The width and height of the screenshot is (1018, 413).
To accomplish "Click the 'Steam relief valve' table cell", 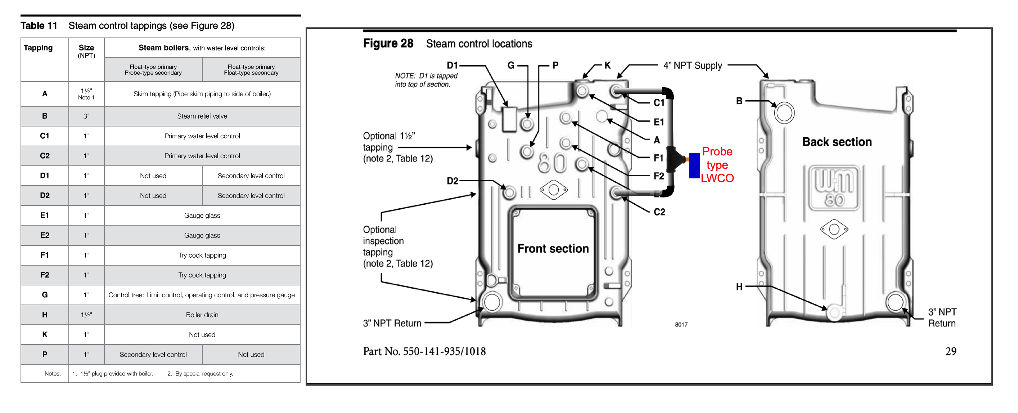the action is [x=202, y=116].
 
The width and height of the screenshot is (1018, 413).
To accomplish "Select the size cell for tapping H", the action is [x=86, y=315].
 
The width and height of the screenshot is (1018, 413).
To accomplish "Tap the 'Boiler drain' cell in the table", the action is [x=202, y=315].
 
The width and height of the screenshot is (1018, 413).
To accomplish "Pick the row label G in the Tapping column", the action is [x=45, y=295].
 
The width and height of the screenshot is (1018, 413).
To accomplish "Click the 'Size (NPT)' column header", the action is [x=86, y=52].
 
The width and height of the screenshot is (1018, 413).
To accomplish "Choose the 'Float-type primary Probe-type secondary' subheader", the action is [x=153, y=70].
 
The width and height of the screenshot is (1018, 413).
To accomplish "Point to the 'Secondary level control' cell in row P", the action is [x=153, y=355].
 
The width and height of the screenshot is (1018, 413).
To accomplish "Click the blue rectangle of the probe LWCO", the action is [x=694, y=166].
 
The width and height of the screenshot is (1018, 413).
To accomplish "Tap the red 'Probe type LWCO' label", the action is [x=717, y=165].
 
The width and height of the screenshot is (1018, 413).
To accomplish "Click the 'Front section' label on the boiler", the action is [x=553, y=248].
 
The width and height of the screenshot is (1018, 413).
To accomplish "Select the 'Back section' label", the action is [x=837, y=142].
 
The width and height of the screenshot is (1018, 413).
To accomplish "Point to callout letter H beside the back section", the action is [x=739, y=287].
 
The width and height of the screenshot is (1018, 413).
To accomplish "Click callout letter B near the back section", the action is [x=739, y=101].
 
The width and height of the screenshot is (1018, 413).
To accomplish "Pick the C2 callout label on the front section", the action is [x=659, y=212].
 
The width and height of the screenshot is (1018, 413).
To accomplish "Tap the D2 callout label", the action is [x=452, y=181].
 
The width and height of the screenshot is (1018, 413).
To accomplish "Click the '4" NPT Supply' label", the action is [x=692, y=65].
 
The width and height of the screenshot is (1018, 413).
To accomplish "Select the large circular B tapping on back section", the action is [x=784, y=113].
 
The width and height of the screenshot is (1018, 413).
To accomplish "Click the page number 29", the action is [x=950, y=351].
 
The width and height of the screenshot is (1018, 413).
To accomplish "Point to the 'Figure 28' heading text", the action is [x=388, y=44].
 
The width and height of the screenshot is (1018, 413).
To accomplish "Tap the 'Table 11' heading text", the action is [x=39, y=26].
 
